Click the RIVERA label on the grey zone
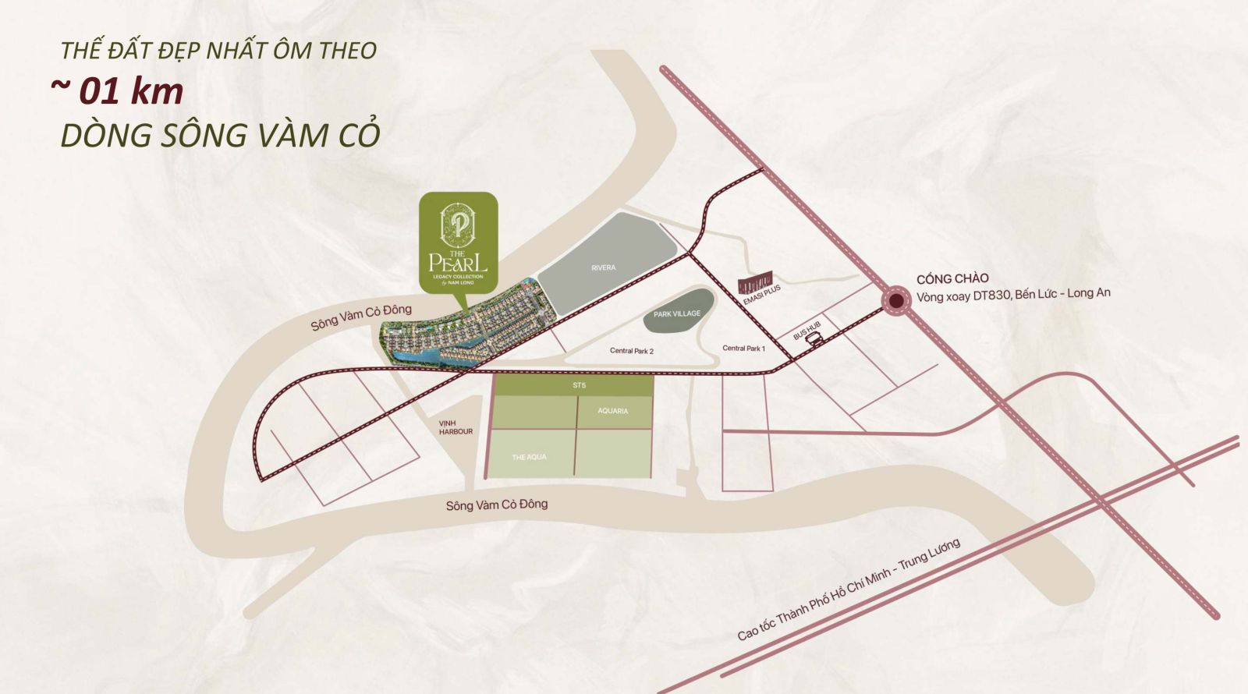click(603, 267)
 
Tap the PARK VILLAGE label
click(677, 313)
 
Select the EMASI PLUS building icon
click(755, 281)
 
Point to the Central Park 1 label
click(743, 348)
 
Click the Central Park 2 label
click(632, 351)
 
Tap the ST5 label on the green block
click(579, 385)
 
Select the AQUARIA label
click(613, 411)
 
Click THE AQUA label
click(529, 457)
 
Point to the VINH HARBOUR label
click(456, 427)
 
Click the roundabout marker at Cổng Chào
click(897, 300)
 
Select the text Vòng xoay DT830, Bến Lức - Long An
click(1013, 295)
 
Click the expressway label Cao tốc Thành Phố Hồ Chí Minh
click(849, 590)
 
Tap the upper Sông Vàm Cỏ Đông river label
click(360, 317)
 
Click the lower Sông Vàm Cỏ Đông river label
click(497, 505)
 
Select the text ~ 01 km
click(117, 91)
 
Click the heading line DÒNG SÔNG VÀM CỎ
click(221, 135)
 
